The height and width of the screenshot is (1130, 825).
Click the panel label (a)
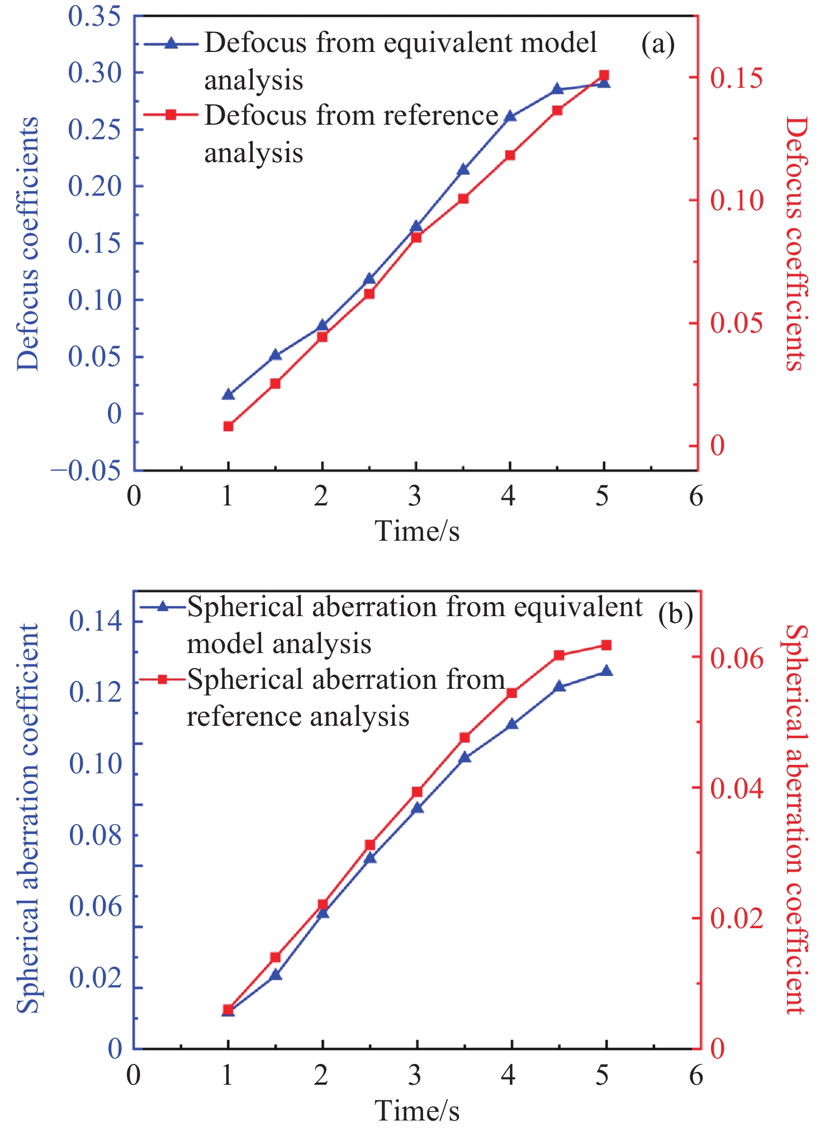point(658,44)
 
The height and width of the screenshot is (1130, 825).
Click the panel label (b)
point(675,614)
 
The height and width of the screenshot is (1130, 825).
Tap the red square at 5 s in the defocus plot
point(604,75)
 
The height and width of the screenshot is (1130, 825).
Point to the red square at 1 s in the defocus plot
point(228,426)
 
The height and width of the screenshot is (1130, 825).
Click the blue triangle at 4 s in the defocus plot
point(510,116)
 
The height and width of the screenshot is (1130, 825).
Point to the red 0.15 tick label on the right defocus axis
point(736,78)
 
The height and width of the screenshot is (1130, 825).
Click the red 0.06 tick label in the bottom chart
point(736,659)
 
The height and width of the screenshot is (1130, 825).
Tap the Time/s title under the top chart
point(417,531)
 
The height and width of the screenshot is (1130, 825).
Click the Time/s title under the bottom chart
point(417,1110)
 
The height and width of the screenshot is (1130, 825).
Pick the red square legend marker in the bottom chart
point(163,679)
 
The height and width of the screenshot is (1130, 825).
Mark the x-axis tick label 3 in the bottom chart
point(415,1075)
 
